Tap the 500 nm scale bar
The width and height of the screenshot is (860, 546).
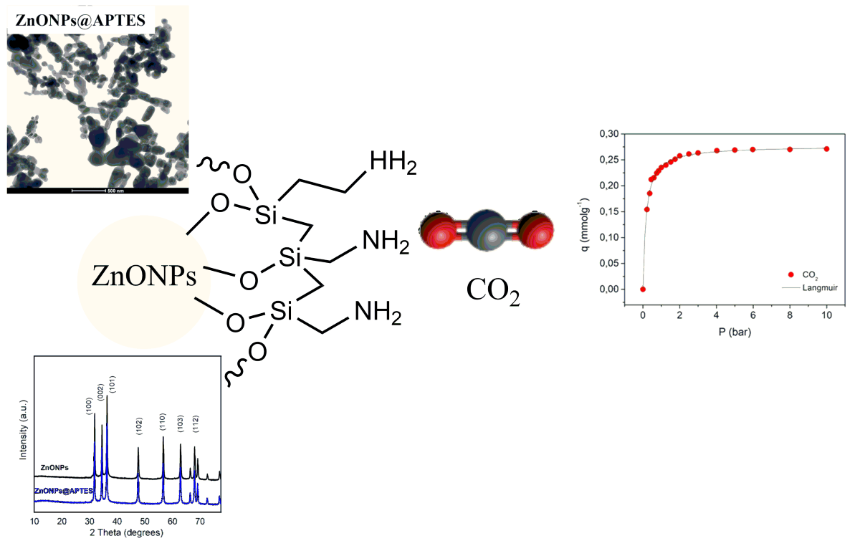[x=98, y=190]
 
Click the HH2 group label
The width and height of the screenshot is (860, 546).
[x=392, y=164]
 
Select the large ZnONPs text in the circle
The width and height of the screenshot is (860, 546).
[x=144, y=275]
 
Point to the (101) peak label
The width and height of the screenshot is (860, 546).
[x=112, y=383]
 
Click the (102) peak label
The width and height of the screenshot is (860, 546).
[x=140, y=427]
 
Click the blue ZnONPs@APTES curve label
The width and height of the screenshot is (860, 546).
[x=70, y=490]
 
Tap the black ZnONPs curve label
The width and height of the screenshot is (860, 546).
[x=54, y=468]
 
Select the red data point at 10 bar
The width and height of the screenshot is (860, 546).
[x=826, y=149]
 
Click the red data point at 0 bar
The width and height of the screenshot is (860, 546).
[x=643, y=289]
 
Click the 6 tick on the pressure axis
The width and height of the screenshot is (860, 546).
[x=752, y=318]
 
